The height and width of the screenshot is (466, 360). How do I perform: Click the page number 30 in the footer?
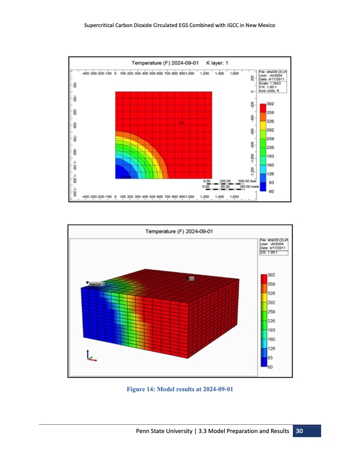tap(300, 432)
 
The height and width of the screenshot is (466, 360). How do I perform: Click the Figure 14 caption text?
tap(180, 389)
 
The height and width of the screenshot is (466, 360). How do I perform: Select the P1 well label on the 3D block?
tap(191, 278)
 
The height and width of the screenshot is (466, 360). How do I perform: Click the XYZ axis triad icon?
tap(91, 357)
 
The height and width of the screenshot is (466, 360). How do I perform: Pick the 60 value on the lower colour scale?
tap(270, 367)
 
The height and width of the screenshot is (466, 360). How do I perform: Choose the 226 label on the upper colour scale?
tap(272, 148)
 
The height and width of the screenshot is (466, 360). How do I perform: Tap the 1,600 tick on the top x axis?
tap(234, 74)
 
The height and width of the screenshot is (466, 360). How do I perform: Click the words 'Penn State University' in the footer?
tap(162, 433)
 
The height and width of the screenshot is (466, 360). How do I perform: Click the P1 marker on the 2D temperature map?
tap(182, 123)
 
